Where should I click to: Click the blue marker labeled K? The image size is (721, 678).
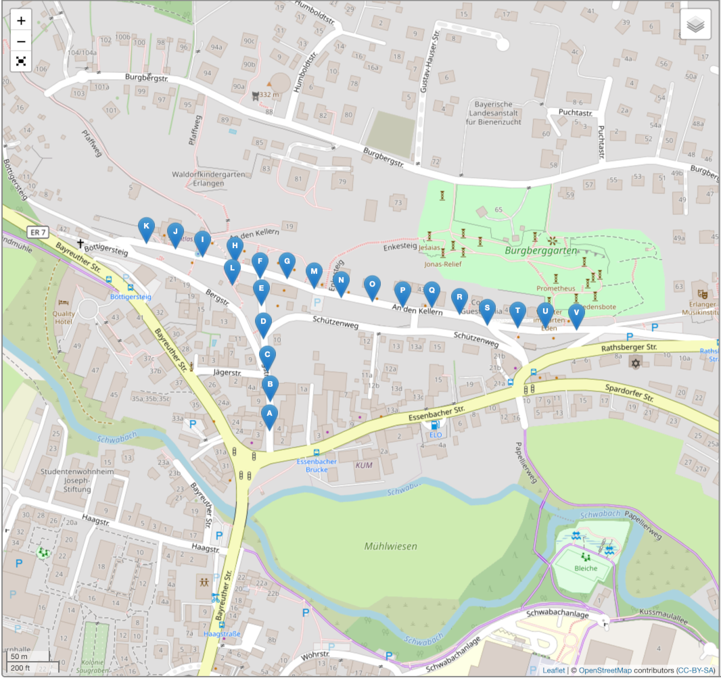click(x=145, y=228)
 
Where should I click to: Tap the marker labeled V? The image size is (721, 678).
click(x=576, y=314)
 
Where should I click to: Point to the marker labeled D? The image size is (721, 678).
click(x=264, y=323)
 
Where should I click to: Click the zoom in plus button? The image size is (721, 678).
click(x=22, y=20)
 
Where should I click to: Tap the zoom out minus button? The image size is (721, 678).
click(x=22, y=41)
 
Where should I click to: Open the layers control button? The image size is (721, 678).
click(x=695, y=26)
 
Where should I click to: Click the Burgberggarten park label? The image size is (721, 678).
click(x=541, y=250)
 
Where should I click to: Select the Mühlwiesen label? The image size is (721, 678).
click(x=391, y=546)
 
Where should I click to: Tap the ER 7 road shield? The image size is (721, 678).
click(x=37, y=233)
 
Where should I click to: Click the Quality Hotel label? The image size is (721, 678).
click(x=64, y=318)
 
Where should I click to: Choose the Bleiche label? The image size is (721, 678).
click(x=586, y=568)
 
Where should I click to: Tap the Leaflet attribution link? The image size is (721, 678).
click(x=553, y=671)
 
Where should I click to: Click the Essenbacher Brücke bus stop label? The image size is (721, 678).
click(x=317, y=465)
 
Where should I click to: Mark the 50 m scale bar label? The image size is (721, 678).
click(x=19, y=656)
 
